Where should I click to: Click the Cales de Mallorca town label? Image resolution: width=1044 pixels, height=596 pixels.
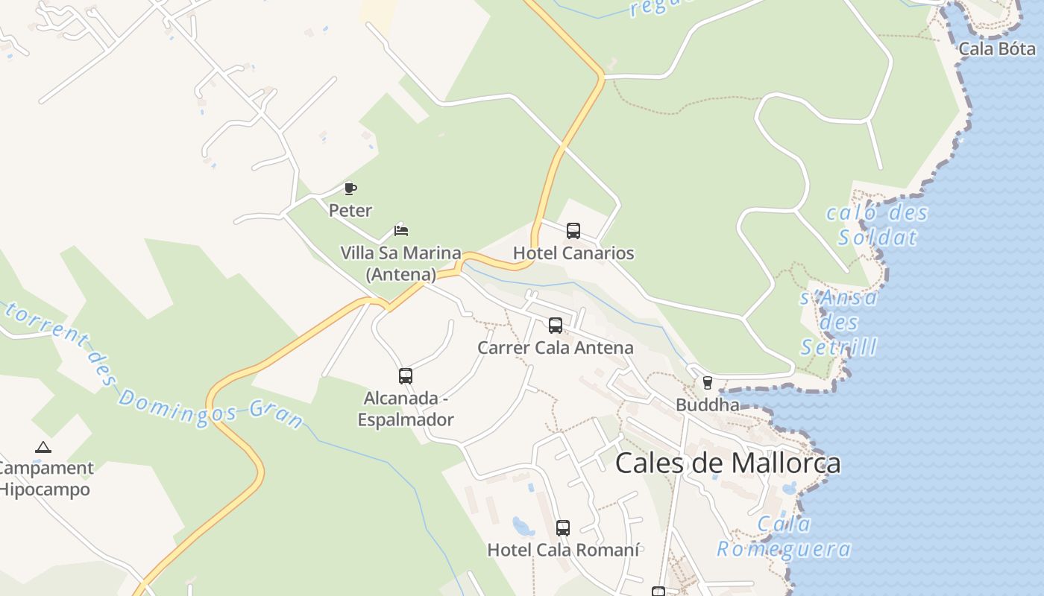pos(728,463)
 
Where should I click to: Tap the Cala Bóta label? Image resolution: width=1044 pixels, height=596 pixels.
pos(997,49)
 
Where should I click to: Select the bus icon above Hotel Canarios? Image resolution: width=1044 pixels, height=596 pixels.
pos(573,231)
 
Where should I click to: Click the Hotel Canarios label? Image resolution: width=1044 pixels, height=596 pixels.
pos(573,253)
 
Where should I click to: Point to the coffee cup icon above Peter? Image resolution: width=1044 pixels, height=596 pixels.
pos(350,188)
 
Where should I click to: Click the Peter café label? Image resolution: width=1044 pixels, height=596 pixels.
pos(350,211)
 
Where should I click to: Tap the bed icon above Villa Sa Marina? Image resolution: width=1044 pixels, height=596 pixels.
pos(401,230)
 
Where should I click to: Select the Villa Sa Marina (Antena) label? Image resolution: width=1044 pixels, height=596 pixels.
pos(401,264)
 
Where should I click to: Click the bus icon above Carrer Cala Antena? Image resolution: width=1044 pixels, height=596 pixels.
pos(556,326)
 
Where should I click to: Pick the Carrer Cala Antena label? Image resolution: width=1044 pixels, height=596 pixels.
pos(556,348)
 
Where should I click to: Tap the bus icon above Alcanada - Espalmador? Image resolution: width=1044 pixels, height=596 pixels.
pos(406,376)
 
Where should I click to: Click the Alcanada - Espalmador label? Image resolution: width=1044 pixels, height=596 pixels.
pos(406,409)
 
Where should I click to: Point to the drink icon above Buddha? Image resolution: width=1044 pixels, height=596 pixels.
pos(707,383)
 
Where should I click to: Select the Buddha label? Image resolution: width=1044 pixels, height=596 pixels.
pos(707,405)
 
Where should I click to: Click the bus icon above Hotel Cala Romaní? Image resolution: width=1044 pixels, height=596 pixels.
pos(563,528)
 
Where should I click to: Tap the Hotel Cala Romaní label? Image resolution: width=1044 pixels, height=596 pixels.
pos(563,551)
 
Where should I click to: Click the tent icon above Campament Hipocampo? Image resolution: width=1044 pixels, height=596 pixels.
pos(43,448)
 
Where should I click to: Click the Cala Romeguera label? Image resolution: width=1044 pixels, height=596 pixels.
pos(784,537)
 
